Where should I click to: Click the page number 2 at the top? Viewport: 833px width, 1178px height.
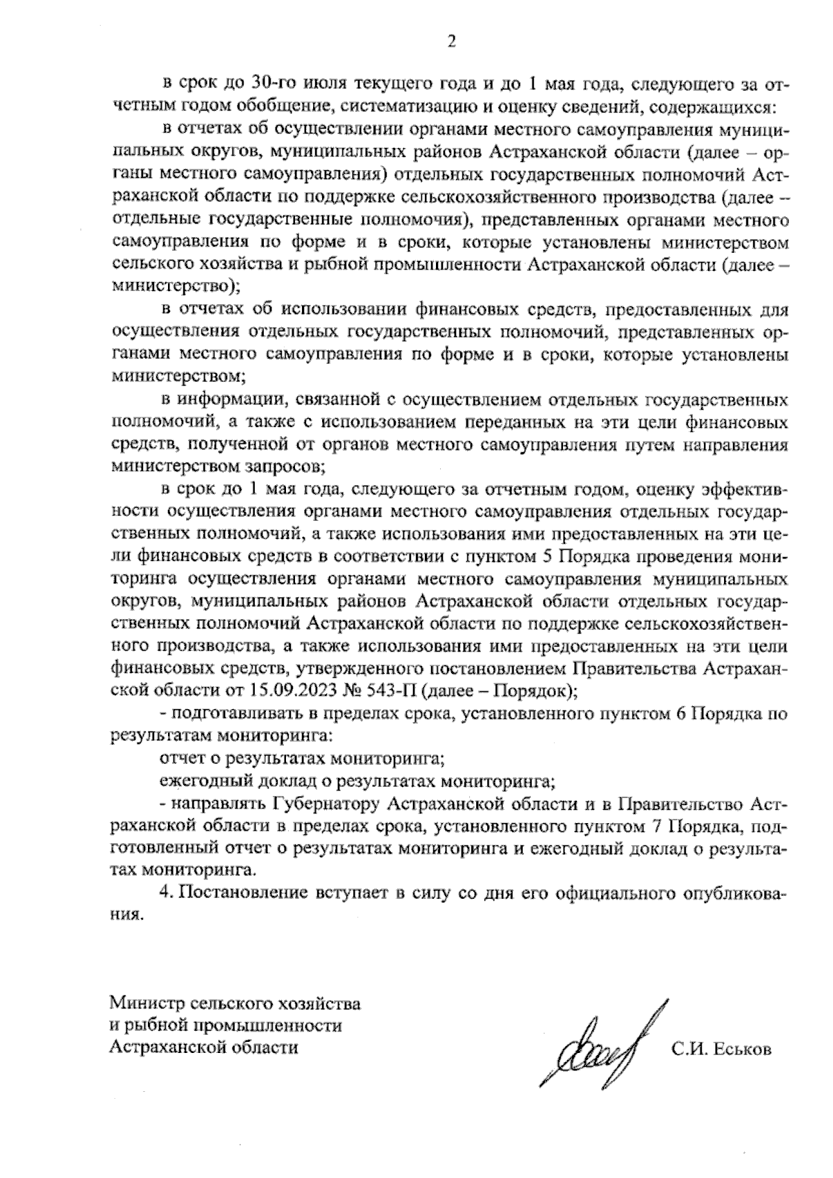point(451,43)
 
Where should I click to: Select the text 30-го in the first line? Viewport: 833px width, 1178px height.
point(255,85)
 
